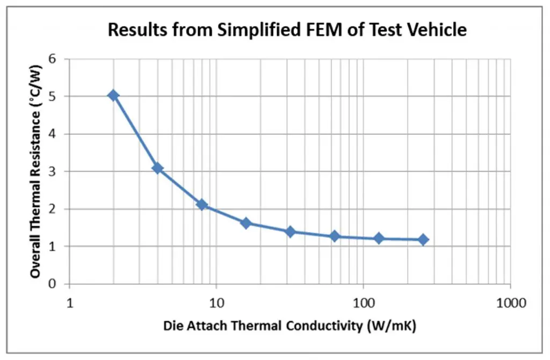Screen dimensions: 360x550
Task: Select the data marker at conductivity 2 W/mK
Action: coord(113,96)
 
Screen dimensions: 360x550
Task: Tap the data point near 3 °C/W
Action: coord(157,168)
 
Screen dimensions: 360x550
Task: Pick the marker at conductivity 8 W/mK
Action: coord(202,205)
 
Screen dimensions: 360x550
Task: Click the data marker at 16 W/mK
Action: coord(246,223)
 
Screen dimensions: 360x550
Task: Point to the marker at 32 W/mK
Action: coord(291,232)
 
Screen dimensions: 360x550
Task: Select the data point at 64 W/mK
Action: coord(335,236)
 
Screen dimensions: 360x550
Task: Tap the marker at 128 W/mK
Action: coord(379,238)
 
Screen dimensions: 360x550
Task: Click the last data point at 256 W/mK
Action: coord(423,240)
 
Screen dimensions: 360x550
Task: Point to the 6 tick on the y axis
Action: coord(53,59)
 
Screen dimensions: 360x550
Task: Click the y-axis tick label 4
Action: coord(53,134)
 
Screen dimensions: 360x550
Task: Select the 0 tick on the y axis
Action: coord(53,284)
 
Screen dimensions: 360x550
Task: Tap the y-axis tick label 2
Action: coord(53,209)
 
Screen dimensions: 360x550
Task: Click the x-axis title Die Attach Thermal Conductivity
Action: coord(290,326)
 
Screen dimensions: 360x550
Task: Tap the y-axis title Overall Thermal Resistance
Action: coord(35,172)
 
